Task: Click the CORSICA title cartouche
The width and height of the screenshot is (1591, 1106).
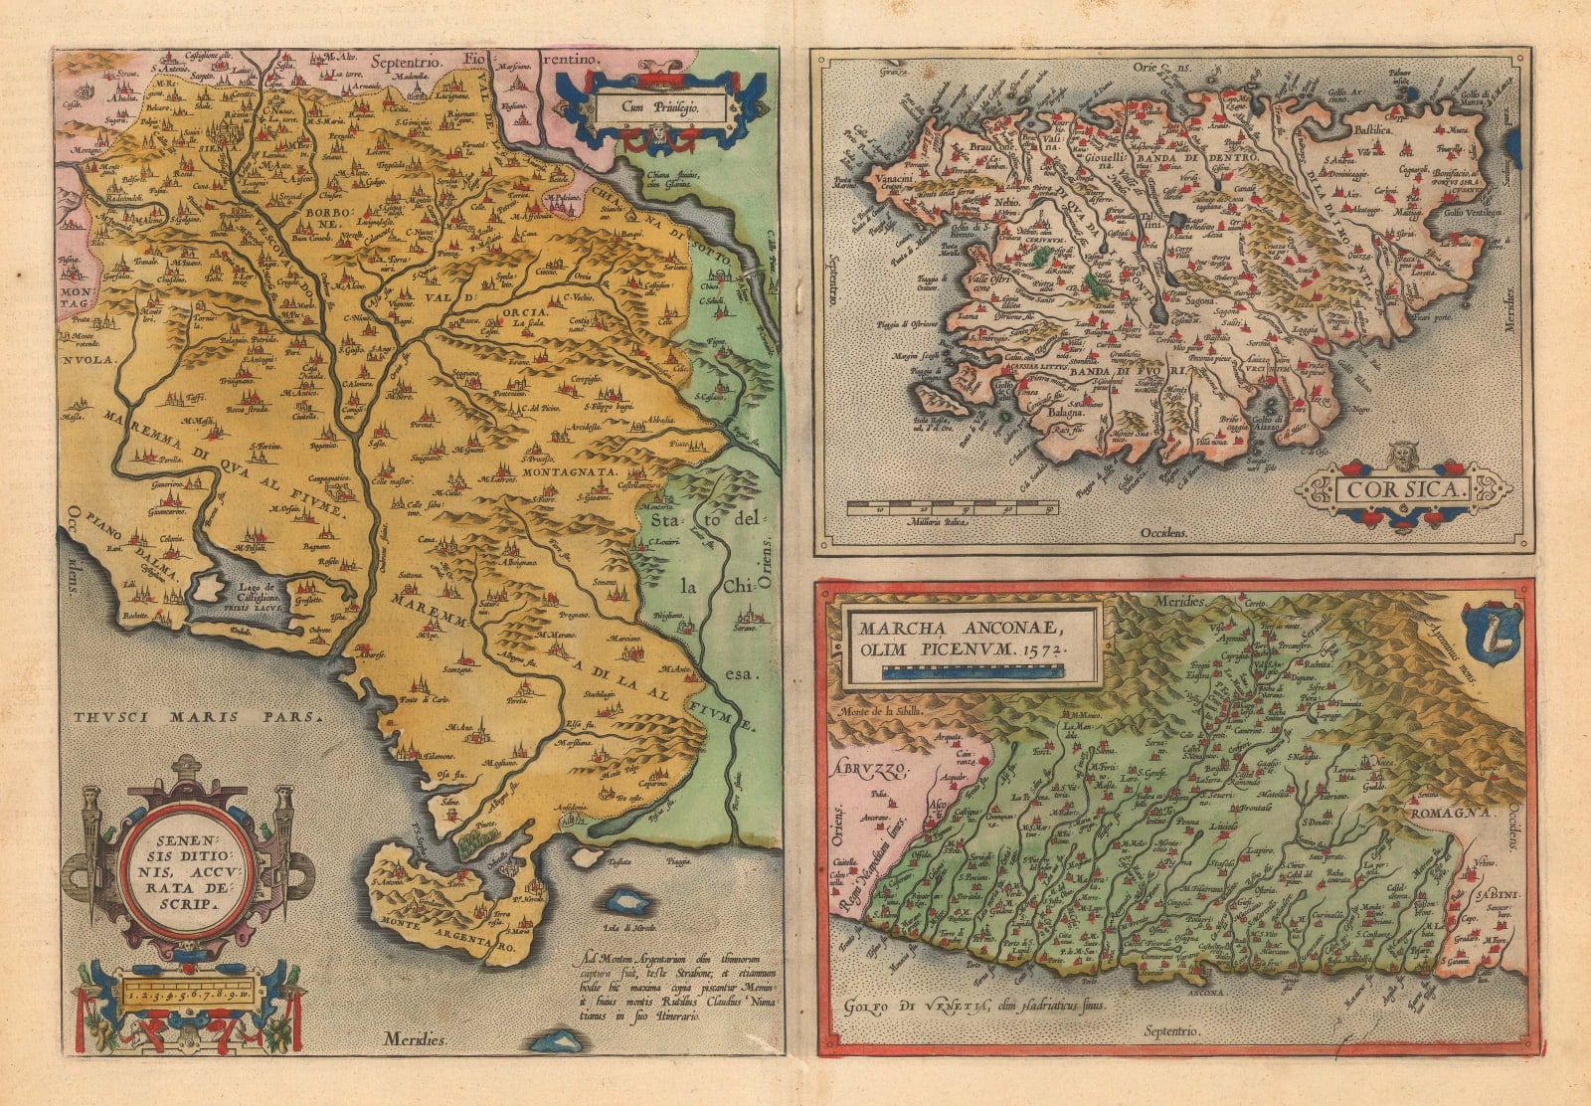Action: coord(1403,489)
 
